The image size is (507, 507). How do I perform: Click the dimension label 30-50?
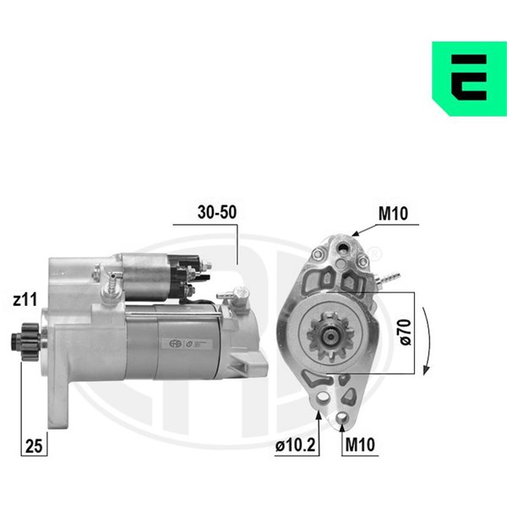click(x=217, y=212)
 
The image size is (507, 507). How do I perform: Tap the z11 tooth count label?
click(x=25, y=300)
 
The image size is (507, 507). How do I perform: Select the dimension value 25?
click(x=34, y=446)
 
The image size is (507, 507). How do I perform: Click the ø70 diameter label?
click(x=406, y=332)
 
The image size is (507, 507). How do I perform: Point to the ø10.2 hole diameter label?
click(x=295, y=445)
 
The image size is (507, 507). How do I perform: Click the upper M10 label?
click(x=393, y=214)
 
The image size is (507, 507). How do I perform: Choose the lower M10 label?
click(x=360, y=444)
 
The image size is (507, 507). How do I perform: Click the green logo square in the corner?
click(x=470, y=79)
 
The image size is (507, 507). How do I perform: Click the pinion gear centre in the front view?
click(x=330, y=337)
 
